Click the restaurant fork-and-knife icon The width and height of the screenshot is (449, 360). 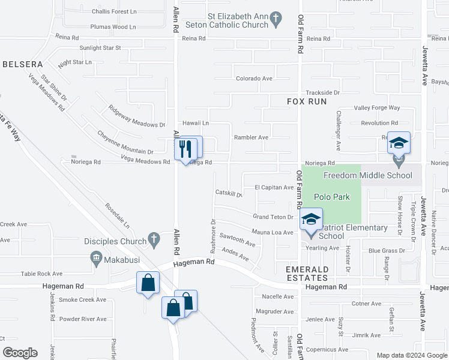pyautogui.click(x=185, y=146)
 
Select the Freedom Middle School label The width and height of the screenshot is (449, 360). pyautogui.click(x=368, y=175)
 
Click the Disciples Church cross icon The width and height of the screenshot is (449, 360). pyautogui.click(x=154, y=241)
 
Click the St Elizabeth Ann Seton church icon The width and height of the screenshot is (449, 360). pyautogui.click(x=276, y=20)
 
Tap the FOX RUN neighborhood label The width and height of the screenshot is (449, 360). pyautogui.click(x=307, y=102)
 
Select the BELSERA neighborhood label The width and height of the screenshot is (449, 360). pyautogui.click(x=22, y=64)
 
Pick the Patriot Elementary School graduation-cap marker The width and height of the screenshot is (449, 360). pyautogui.click(x=311, y=220)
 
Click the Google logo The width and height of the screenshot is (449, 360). pyautogui.click(x=20, y=353)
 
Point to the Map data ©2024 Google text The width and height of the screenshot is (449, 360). pyautogui.click(x=412, y=355)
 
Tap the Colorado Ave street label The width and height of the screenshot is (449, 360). pyautogui.click(x=254, y=79)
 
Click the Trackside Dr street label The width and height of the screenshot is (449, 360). pyautogui.click(x=322, y=93)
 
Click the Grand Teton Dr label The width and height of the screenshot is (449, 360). pyautogui.click(x=272, y=217)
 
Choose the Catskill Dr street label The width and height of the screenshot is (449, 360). pyautogui.click(x=228, y=194)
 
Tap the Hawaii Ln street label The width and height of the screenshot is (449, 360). pyautogui.click(x=196, y=123)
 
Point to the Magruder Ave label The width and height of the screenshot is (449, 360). pyautogui.click(x=274, y=312)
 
